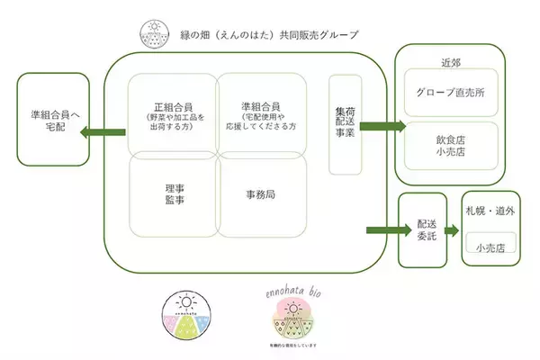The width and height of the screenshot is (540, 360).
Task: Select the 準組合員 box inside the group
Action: click(x=262, y=113)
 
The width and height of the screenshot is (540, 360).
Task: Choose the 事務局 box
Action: click(x=262, y=194)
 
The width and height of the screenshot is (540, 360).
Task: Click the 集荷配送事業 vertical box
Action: click(x=346, y=124)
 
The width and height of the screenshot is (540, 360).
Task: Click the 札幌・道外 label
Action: click(x=490, y=212)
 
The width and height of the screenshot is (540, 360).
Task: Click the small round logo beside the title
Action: click(x=152, y=34)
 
